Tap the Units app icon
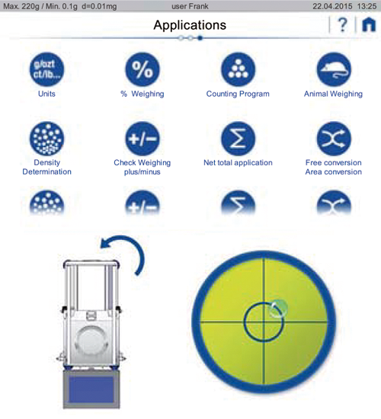tap(46, 69)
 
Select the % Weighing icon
tap(142, 69)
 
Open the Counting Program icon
tap(238, 69)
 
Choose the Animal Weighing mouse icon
tap(334, 69)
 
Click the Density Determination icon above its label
tap(46, 139)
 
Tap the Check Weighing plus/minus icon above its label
tap(142, 139)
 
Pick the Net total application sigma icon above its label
tap(238, 139)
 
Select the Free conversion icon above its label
tap(334, 139)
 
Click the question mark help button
tap(342, 25)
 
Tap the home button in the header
tap(369, 25)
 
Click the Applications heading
tap(190, 25)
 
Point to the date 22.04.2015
tap(332, 6)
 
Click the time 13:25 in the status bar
tap(367, 6)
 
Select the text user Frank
tap(190, 6)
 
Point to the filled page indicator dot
tap(200, 38)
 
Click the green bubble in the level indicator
tap(278, 309)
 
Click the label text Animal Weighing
tap(334, 94)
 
